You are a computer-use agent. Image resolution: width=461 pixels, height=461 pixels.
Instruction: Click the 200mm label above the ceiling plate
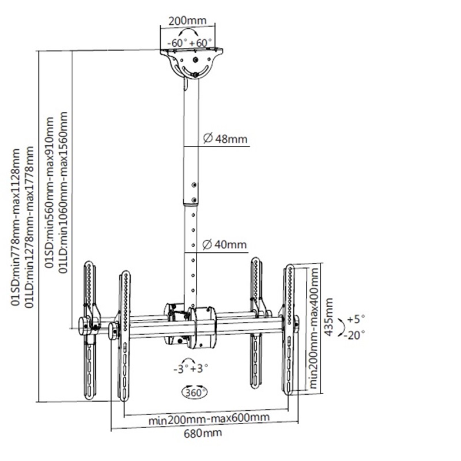pyautogui.click(x=187, y=21)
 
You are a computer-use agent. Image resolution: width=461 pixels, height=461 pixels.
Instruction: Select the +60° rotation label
pyautogui.click(x=201, y=43)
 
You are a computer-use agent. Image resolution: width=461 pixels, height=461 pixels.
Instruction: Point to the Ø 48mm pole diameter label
pyautogui.click(x=225, y=139)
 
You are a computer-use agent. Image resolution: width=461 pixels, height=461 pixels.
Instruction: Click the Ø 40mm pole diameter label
pyautogui.click(x=225, y=244)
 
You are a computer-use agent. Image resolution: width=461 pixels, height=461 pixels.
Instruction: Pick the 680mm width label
pyautogui.click(x=203, y=433)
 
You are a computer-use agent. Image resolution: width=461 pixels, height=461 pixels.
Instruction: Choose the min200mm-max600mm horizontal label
pyautogui.click(x=209, y=419)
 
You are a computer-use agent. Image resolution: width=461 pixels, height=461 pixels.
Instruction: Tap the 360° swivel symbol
pyautogui.click(x=195, y=392)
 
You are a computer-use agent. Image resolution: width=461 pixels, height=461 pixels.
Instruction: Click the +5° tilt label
pyautogui.click(x=356, y=319)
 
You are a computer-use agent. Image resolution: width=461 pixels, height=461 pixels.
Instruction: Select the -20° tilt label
pyautogui.click(x=355, y=335)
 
